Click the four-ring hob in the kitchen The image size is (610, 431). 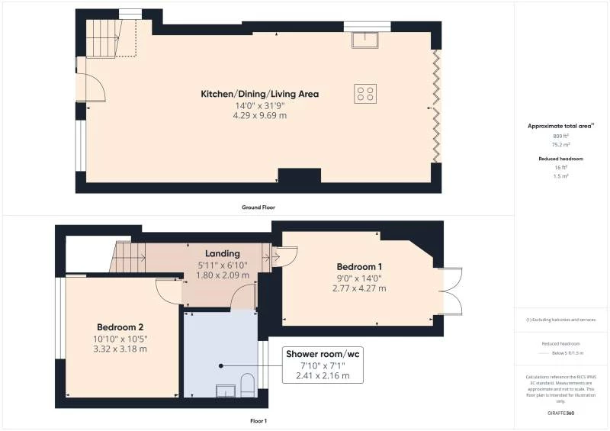tap(365, 93)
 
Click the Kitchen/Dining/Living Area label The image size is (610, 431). tap(259, 94)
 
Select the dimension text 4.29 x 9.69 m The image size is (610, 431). tap(259, 115)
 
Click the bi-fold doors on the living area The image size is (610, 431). tap(436, 105)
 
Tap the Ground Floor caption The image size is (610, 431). tap(259, 207)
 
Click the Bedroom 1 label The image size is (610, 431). tap(360, 266)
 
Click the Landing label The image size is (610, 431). tap(222, 253)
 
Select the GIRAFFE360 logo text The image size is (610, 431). tap(560, 412)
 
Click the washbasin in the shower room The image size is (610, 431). tap(226, 391)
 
